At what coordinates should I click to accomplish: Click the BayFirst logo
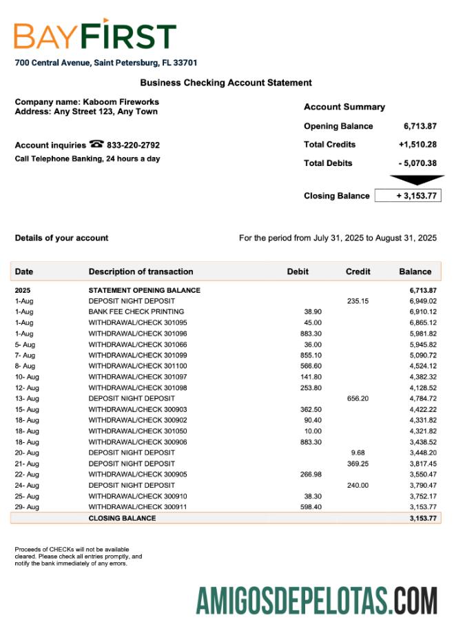click(95, 35)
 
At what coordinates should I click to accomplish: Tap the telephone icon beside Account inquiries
click(96, 145)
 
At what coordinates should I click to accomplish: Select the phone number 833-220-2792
click(133, 145)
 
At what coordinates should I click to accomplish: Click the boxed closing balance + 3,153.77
click(407, 196)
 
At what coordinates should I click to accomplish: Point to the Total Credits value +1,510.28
click(417, 145)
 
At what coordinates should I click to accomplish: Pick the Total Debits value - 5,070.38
click(417, 163)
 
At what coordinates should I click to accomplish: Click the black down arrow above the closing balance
click(407, 180)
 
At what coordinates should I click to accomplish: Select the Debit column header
click(298, 271)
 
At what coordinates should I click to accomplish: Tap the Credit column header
click(358, 271)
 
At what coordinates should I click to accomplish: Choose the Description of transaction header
click(141, 271)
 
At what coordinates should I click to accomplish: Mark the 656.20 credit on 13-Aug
click(357, 398)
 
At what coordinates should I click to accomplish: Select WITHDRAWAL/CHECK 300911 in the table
click(137, 507)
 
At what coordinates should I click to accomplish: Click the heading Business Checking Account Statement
click(226, 83)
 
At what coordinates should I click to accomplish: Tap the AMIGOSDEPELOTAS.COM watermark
click(316, 600)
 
